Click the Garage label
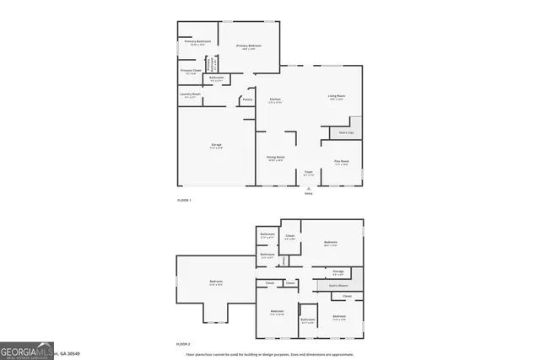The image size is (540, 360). tap(216, 145)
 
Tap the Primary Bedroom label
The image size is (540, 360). tap(248, 46)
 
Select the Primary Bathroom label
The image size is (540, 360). tap(197, 41)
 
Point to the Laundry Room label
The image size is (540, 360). tap(190, 94)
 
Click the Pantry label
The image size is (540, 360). tap(247, 99)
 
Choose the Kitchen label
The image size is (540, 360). tap(275, 99)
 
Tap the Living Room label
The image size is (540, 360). tap(337, 96)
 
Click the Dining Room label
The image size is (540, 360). tap(276, 157)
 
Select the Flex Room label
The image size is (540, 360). tap(342, 161)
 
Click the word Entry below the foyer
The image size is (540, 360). tap(308, 193)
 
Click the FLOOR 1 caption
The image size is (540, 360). tap(184, 200)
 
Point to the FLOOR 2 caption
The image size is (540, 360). tap(184, 344)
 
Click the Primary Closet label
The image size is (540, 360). tap(191, 71)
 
